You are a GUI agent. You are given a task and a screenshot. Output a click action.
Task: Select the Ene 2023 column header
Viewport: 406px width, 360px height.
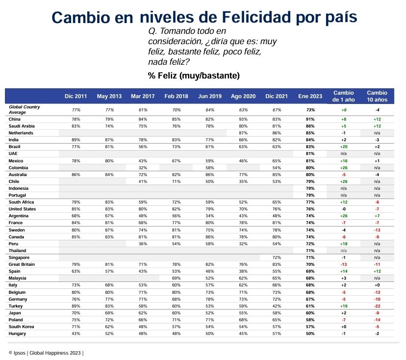point(310,96)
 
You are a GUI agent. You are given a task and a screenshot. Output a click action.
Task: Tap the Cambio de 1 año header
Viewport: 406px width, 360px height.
point(343,96)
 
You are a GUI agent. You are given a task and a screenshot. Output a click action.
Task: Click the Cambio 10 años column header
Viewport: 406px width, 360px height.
point(377,96)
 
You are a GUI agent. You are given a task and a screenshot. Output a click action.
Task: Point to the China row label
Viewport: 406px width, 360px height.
point(15,119)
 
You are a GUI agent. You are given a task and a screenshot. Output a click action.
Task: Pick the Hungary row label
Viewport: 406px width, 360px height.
point(18,334)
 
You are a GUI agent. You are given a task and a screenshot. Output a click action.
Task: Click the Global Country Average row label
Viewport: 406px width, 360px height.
point(25,109)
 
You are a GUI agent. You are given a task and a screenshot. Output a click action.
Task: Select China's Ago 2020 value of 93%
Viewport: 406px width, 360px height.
point(243,119)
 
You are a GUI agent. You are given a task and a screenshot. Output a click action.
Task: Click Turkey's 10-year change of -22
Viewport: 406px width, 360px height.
point(377,306)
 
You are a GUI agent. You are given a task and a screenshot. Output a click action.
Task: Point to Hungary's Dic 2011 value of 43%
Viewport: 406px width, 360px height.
point(76,334)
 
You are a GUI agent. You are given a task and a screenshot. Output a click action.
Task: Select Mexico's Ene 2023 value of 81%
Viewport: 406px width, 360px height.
point(310,160)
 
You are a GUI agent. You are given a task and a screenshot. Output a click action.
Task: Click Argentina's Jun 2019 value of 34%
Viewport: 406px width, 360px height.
point(209,216)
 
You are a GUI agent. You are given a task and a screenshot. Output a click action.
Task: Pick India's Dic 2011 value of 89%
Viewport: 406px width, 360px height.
point(76,140)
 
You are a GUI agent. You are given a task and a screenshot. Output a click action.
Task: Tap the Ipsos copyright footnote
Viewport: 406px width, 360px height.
point(46,353)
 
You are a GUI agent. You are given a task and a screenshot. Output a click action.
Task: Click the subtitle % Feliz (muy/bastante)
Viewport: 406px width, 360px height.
point(194,76)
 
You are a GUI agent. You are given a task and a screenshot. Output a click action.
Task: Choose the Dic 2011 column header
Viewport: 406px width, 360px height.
point(76,96)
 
